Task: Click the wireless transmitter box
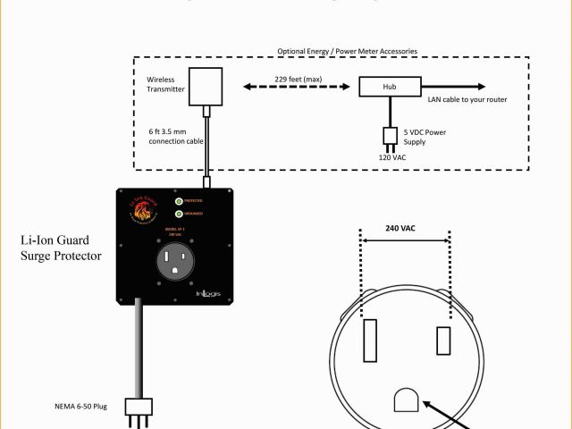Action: pos(206,86)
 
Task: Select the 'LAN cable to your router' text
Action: pos(467,99)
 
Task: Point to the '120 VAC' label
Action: pos(391,156)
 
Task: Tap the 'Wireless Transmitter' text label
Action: pos(165,84)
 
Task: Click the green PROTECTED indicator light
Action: pos(180,201)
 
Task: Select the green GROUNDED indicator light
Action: pos(180,214)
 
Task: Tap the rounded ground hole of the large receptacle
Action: pos(406,401)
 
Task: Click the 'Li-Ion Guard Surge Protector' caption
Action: pos(61,248)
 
